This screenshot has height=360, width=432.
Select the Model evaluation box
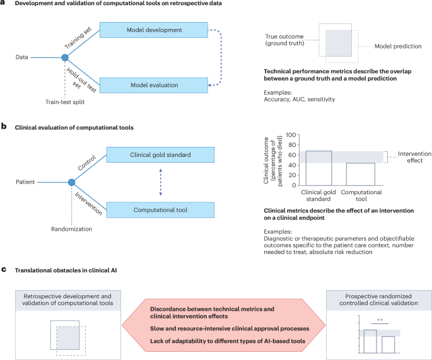154,84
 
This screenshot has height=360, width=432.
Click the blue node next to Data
64,57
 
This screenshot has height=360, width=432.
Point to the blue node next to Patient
71,182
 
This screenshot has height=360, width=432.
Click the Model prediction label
397,47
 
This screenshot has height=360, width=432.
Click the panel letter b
4,126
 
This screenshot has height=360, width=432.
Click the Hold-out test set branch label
83,78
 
